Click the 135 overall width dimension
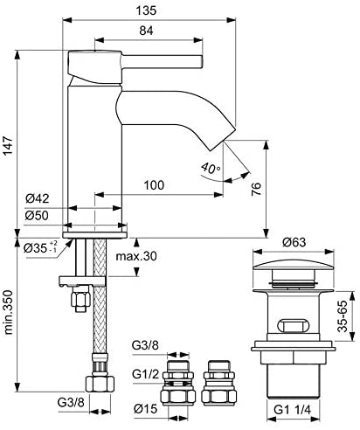coord(146,10)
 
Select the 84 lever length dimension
coord(146,31)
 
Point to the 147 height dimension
coord(8,145)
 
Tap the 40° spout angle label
coord(211,168)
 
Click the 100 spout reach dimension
coord(154,184)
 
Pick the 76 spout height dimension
coord(256,189)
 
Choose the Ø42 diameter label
coord(38,198)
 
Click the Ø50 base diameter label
coord(37,216)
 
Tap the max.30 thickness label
coord(136,256)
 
